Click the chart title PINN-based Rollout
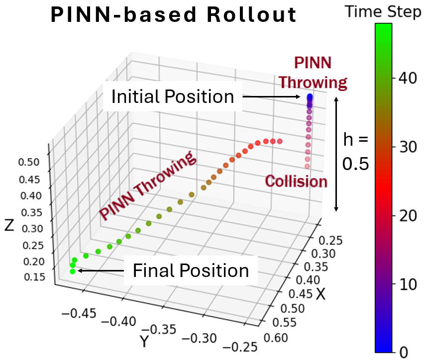[174, 16]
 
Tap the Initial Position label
[172, 96]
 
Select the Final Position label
[191, 270]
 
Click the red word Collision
[296, 181]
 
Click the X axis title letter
[321, 294]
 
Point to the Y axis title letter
[144, 342]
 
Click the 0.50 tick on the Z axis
[32, 163]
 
